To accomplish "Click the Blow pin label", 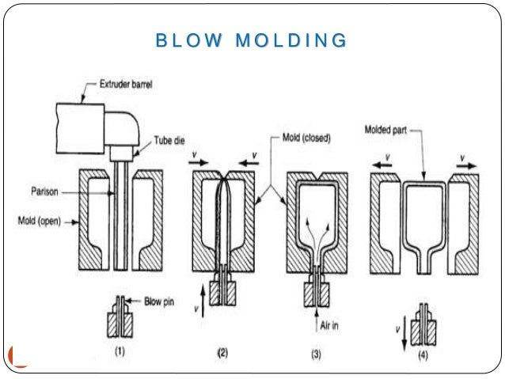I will [x=164, y=301].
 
